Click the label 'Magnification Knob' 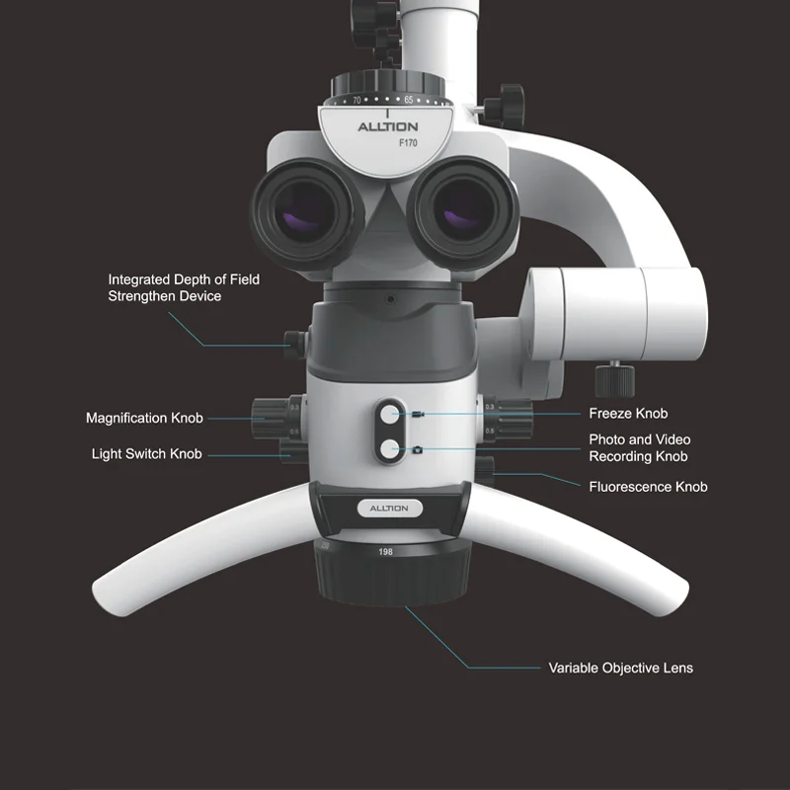(x=144, y=419)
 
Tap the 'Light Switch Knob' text (x=146, y=454)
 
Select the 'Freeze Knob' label (x=628, y=414)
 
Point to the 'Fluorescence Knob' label (x=648, y=487)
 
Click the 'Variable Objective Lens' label (x=620, y=669)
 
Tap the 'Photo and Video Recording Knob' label (x=638, y=447)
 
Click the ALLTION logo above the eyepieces (x=387, y=126)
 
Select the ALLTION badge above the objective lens (x=388, y=508)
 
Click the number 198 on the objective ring (x=385, y=552)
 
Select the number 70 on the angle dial (x=357, y=100)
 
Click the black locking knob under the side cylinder (x=608, y=376)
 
